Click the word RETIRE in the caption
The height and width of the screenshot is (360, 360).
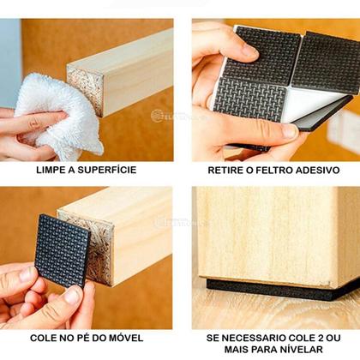click(x=227, y=170)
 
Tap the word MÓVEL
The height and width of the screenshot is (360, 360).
click(x=127, y=338)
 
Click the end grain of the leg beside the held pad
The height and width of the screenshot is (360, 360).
click(x=94, y=244)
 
